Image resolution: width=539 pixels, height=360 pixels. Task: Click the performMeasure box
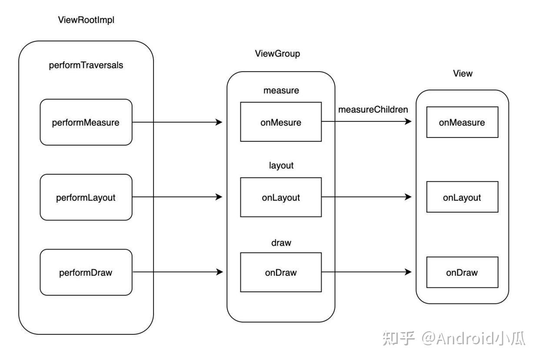86,122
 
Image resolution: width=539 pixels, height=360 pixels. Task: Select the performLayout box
86,197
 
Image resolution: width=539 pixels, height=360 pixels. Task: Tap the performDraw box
86,273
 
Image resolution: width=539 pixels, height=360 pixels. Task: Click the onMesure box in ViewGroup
281,122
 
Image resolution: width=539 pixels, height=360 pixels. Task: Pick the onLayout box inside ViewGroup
281,197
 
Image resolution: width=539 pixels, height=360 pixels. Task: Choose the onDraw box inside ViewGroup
281,273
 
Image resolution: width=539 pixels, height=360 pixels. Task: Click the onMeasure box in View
462,122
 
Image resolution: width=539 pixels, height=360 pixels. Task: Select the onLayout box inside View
462,197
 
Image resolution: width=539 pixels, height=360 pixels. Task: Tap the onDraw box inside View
462,273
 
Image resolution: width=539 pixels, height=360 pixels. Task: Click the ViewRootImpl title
86,20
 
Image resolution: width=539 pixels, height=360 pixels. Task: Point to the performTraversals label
86,65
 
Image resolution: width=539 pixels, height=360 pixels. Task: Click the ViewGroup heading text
277,53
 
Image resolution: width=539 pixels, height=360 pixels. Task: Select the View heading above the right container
462,73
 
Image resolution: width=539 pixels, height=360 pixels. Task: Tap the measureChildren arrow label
373,110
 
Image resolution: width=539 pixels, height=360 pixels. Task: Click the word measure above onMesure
281,91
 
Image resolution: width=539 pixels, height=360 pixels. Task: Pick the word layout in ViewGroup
281,166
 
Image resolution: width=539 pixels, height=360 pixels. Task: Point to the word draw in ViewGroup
281,243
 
